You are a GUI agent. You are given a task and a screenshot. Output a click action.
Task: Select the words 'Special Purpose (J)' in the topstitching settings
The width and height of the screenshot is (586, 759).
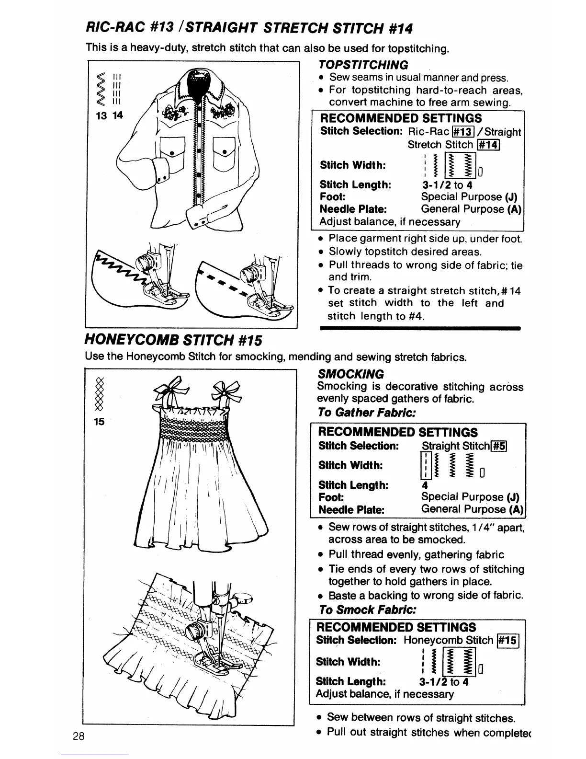click(469, 197)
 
